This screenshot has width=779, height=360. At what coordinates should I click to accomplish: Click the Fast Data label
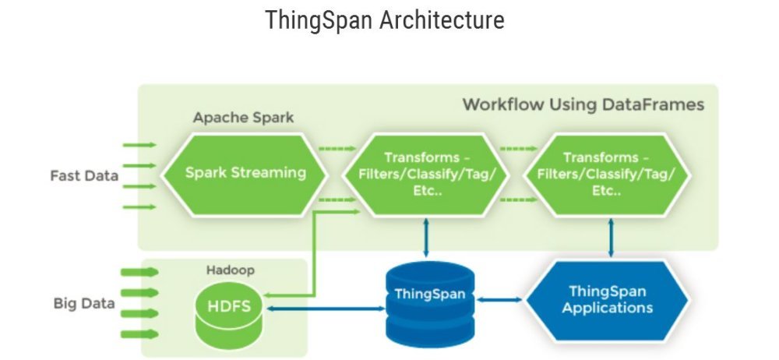pyautogui.click(x=84, y=175)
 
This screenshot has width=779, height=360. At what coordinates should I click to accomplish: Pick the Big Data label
pyautogui.click(x=84, y=303)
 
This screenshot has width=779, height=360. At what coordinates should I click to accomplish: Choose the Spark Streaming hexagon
pyautogui.click(x=245, y=173)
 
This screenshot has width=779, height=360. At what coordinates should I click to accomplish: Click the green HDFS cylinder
pyautogui.click(x=229, y=307)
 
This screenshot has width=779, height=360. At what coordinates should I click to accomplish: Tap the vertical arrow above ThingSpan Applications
pyautogui.click(x=612, y=237)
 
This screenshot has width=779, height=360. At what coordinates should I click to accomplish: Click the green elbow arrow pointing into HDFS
pyautogui.click(x=312, y=257)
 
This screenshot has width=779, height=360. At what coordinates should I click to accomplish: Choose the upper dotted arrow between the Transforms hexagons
pyautogui.click(x=519, y=147)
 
